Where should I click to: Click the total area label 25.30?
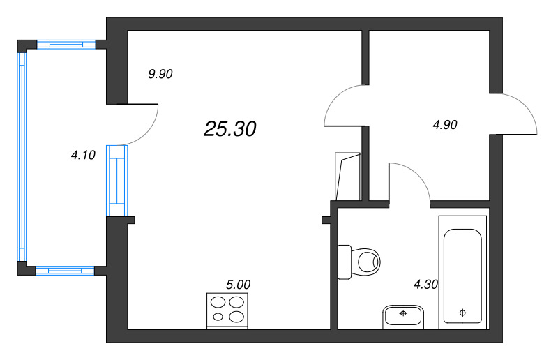[230, 128]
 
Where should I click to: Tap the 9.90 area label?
[160, 74]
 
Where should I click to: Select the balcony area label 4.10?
[83, 155]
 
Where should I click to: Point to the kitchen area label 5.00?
[238, 285]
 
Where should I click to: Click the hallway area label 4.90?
[445, 125]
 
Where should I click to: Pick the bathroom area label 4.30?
[425, 284]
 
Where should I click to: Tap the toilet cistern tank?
[345, 262]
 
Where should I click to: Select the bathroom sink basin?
[403, 316]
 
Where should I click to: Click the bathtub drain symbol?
[462, 313]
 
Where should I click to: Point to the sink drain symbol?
[403, 313]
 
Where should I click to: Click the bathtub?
[462, 272]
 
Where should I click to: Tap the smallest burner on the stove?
[218, 316]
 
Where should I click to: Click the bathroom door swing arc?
[417, 174]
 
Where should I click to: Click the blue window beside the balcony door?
[116, 181]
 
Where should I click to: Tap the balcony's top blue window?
[66, 45]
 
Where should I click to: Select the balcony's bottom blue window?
[65, 271]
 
